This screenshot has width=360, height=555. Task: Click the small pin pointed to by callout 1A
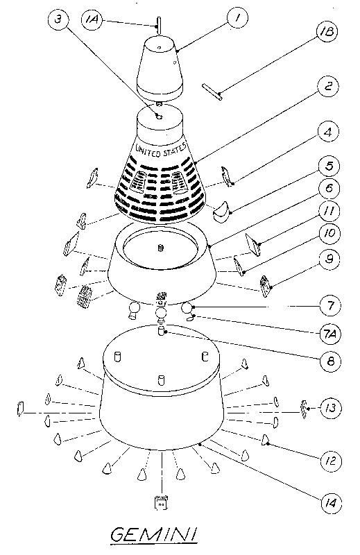[159, 25]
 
